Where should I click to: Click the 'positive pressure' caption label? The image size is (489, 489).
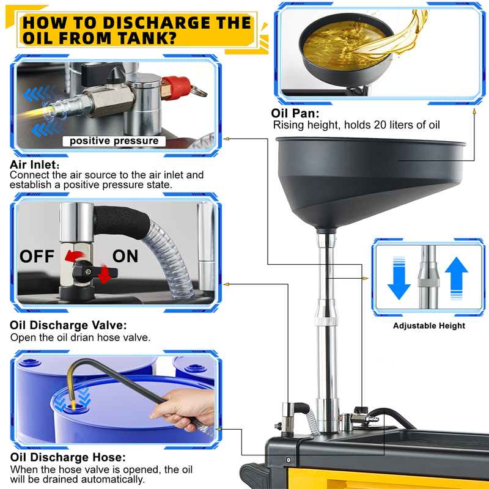[114, 141]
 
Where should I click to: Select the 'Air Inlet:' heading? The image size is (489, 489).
[34, 164]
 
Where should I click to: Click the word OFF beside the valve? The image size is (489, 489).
[37, 256]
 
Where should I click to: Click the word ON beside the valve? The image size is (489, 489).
[125, 256]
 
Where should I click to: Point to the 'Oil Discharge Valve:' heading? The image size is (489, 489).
[68, 325]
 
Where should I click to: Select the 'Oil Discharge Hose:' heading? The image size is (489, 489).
[68, 457]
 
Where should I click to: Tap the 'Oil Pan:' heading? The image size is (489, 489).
[295, 113]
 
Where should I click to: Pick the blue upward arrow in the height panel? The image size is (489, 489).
[456, 278]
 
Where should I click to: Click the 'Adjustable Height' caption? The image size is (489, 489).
[429, 326]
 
